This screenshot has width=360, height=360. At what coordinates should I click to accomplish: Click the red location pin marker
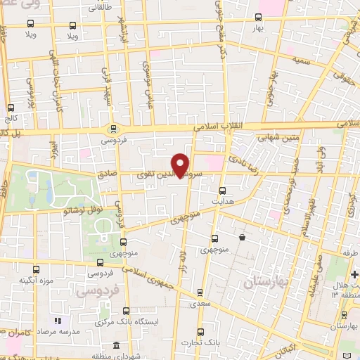(181, 165)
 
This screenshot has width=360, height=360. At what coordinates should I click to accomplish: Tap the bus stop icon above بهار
(258, 16)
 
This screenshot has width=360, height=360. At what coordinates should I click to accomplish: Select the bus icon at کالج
(11, 108)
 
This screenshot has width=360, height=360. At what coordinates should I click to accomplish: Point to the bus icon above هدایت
(222, 190)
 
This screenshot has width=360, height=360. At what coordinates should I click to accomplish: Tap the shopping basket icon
(242, 238)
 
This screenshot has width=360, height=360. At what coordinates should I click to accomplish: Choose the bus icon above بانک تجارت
(201, 331)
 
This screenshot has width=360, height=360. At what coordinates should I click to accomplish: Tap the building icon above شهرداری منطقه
(117, 346)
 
